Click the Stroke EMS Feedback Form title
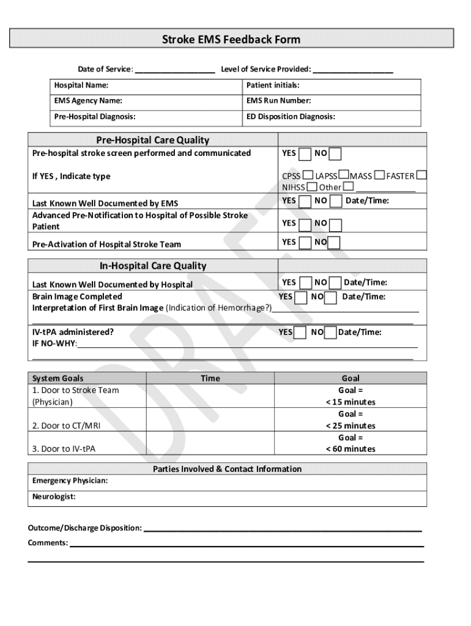pos(231,40)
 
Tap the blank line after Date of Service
pos(174,70)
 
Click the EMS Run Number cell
pos(333,101)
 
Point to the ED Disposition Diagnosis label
pos(291,116)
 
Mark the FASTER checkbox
pos(421,175)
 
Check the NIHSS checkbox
pos(312,186)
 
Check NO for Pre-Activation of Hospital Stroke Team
pos(335,243)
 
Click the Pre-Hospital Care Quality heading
pos(153,140)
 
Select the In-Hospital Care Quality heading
pos(153,266)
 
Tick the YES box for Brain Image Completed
pos(300,298)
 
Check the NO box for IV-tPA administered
pos(330,333)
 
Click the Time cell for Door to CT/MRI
pos(210,419)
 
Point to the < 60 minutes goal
pos(350,449)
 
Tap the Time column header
pos(210,378)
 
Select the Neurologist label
pos(54,497)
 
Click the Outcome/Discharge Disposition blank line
pos(282,529)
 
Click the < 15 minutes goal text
pos(350,402)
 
